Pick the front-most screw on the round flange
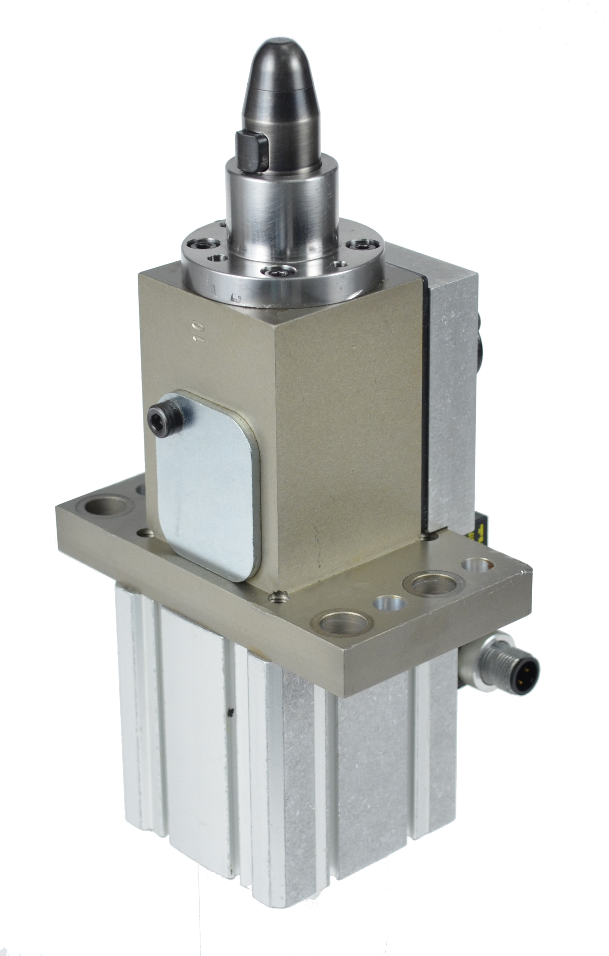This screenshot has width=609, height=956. point(279,271)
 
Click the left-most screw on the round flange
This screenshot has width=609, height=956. point(206,243)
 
